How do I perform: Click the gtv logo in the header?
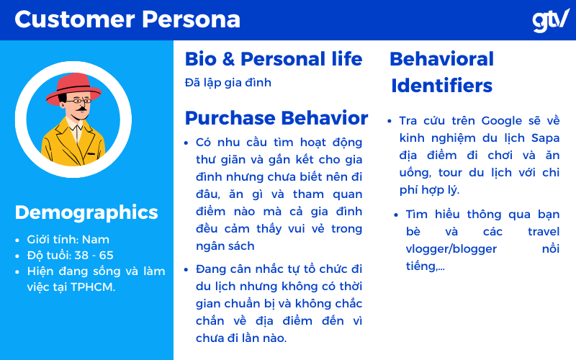pyautogui.click(x=551, y=21)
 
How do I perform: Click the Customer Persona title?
pyautogui.click(x=127, y=19)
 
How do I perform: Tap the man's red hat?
pyautogui.click(x=73, y=88)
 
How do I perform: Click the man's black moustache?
pyautogui.click(x=81, y=109)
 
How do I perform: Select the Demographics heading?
pyautogui.click(x=86, y=213)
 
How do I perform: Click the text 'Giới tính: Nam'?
pyautogui.click(x=68, y=240)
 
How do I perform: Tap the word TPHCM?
pyautogui.click(x=92, y=287)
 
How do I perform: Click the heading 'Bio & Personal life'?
pyautogui.click(x=274, y=59)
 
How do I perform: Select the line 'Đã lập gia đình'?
pyautogui.click(x=228, y=83)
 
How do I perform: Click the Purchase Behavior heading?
pyautogui.click(x=276, y=118)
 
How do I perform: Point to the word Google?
pyautogui.click(x=501, y=121)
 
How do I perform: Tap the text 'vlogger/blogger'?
pyautogui.click(x=451, y=249)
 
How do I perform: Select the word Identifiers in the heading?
pyautogui.click(x=441, y=86)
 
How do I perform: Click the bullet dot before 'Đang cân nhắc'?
pyautogui.click(x=186, y=269)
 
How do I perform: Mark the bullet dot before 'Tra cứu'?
pyautogui.click(x=390, y=121)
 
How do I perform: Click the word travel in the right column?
pyautogui.click(x=544, y=232)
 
